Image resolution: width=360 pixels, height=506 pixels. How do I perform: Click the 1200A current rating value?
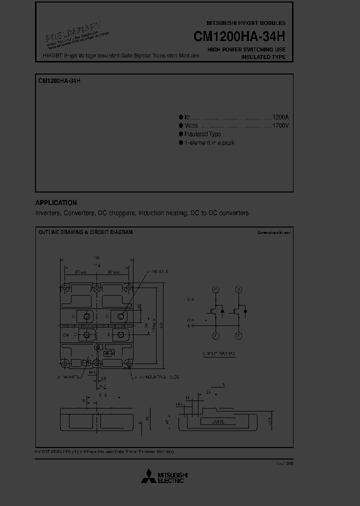point(280,116)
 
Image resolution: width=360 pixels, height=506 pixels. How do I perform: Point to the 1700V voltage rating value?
point(280,125)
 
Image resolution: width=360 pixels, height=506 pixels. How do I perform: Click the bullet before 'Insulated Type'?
point(181,134)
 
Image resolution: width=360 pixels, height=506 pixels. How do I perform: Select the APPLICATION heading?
point(56,202)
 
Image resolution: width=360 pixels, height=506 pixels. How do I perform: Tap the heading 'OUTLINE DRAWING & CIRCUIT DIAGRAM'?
point(85,232)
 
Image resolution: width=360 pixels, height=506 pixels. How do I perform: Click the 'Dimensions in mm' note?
point(273,232)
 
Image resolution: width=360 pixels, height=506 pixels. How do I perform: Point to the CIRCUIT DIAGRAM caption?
point(219,353)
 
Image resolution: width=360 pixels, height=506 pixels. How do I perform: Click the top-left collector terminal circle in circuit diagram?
point(216,289)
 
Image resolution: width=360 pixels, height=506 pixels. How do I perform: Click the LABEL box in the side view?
point(218,422)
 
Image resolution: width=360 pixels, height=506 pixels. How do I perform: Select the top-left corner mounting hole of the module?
point(64,287)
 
